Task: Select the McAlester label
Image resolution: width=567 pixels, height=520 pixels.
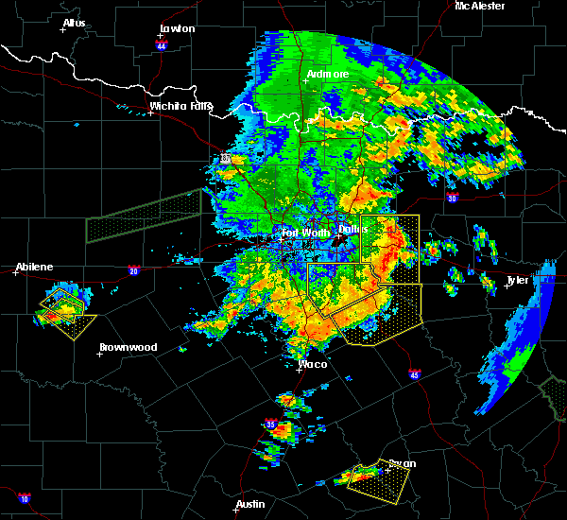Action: pyautogui.click(x=480, y=6)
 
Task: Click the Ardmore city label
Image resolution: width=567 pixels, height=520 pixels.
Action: pyautogui.click(x=328, y=74)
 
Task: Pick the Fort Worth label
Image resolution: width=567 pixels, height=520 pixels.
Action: pyautogui.click(x=303, y=232)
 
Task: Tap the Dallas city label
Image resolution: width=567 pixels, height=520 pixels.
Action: pyautogui.click(x=353, y=229)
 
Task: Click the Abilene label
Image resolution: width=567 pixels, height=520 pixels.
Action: pyautogui.click(x=35, y=267)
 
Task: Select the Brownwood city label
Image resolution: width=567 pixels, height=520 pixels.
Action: pyautogui.click(x=128, y=347)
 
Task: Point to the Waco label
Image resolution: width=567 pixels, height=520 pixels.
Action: pyautogui.click(x=313, y=364)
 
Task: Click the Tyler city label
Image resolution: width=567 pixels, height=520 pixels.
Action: pyautogui.click(x=519, y=281)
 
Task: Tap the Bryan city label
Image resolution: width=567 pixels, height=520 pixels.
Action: pyautogui.click(x=402, y=463)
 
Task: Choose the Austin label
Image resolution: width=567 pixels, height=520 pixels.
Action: pyautogui.click(x=249, y=504)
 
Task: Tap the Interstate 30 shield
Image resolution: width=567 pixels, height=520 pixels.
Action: pyautogui.click(x=452, y=198)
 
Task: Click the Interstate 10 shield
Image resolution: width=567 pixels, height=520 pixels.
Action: pyautogui.click(x=25, y=497)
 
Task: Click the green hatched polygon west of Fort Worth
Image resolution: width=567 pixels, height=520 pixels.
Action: pyautogui.click(x=144, y=217)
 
